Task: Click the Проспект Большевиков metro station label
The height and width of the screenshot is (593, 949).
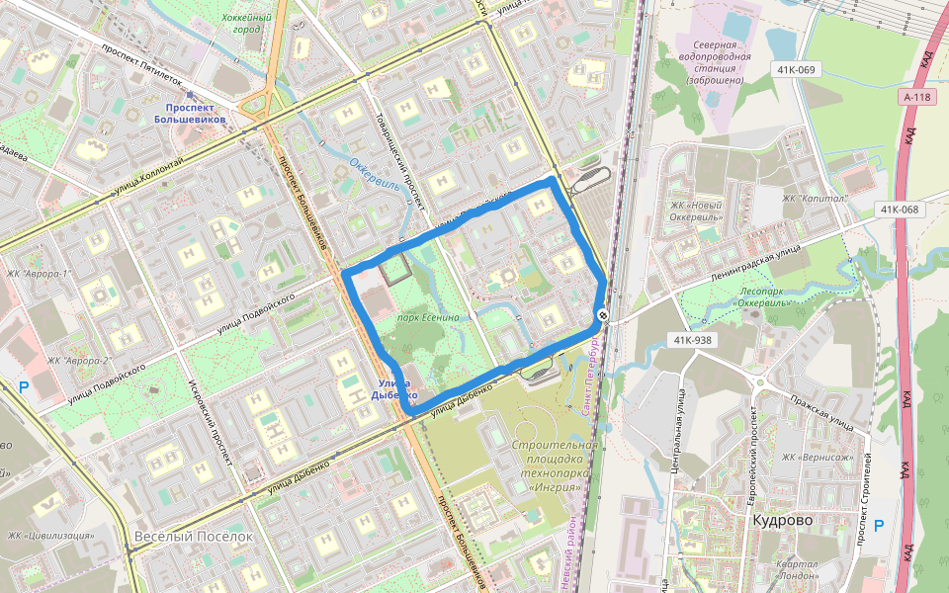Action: pos(196,113)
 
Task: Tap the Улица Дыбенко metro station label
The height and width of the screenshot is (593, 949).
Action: pos(400,389)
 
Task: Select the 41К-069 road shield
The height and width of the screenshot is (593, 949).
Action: pos(796,69)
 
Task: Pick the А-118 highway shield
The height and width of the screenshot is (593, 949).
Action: pos(917,97)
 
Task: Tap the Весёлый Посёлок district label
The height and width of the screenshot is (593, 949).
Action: pos(191,536)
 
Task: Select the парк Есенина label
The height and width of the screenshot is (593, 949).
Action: pos(428,317)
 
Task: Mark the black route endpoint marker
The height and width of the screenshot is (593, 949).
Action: pos(603,315)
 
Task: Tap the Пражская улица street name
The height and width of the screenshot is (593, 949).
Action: pos(821,410)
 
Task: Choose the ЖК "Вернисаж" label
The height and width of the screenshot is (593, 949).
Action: pos(817,457)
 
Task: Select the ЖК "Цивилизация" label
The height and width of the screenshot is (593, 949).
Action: pos(51,536)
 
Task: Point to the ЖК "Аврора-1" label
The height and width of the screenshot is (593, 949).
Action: pos(41,274)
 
